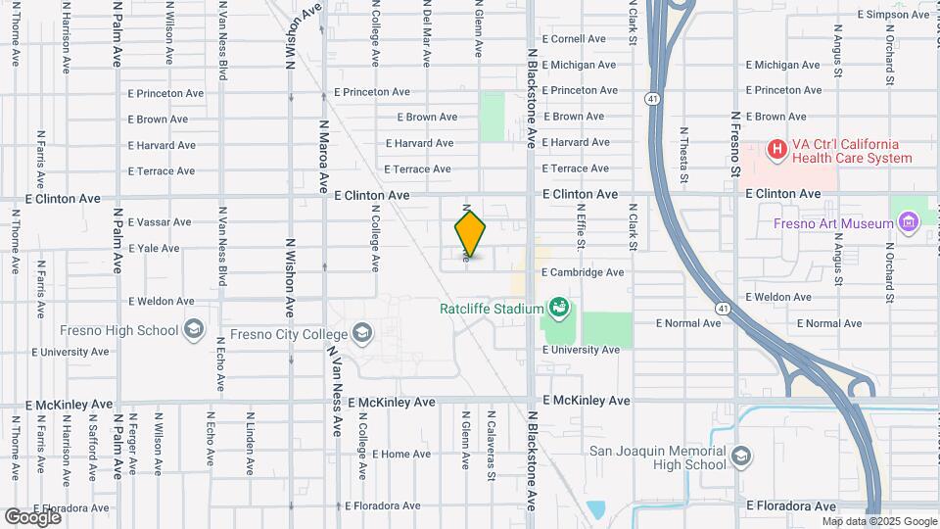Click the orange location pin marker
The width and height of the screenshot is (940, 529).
coord(470,233)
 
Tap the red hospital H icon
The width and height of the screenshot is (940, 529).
coord(776,150)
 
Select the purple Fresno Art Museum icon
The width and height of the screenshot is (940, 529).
coord(908,223)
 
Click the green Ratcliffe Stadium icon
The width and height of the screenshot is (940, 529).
coord(558,310)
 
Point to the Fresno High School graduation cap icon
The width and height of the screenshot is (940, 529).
coord(194,330)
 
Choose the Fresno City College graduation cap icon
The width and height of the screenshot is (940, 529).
coord(362,332)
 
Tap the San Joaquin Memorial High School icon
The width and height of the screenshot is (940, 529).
coord(741,457)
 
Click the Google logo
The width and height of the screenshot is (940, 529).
coord(31,515)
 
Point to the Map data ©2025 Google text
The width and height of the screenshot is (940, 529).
coord(879,521)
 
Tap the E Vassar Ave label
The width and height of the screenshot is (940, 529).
coord(162,222)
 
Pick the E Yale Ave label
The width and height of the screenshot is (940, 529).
coord(158,249)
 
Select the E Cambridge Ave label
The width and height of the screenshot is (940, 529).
coord(582,272)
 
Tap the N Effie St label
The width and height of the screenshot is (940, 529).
coord(581,226)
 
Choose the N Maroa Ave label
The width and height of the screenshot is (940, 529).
coord(323,156)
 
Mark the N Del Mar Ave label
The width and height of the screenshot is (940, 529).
coord(426,34)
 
